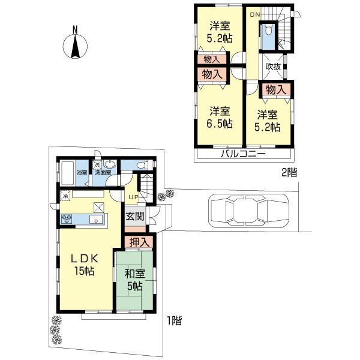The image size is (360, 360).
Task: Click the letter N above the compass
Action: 74,28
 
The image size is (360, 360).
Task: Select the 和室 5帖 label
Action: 134,280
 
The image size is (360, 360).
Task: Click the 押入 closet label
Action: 139,241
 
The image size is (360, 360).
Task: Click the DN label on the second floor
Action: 254,14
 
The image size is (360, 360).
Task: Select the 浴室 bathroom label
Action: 82,172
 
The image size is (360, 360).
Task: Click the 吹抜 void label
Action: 274,67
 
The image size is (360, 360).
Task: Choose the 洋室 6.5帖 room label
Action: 220,118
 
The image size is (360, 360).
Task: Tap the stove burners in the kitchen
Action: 66,219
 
